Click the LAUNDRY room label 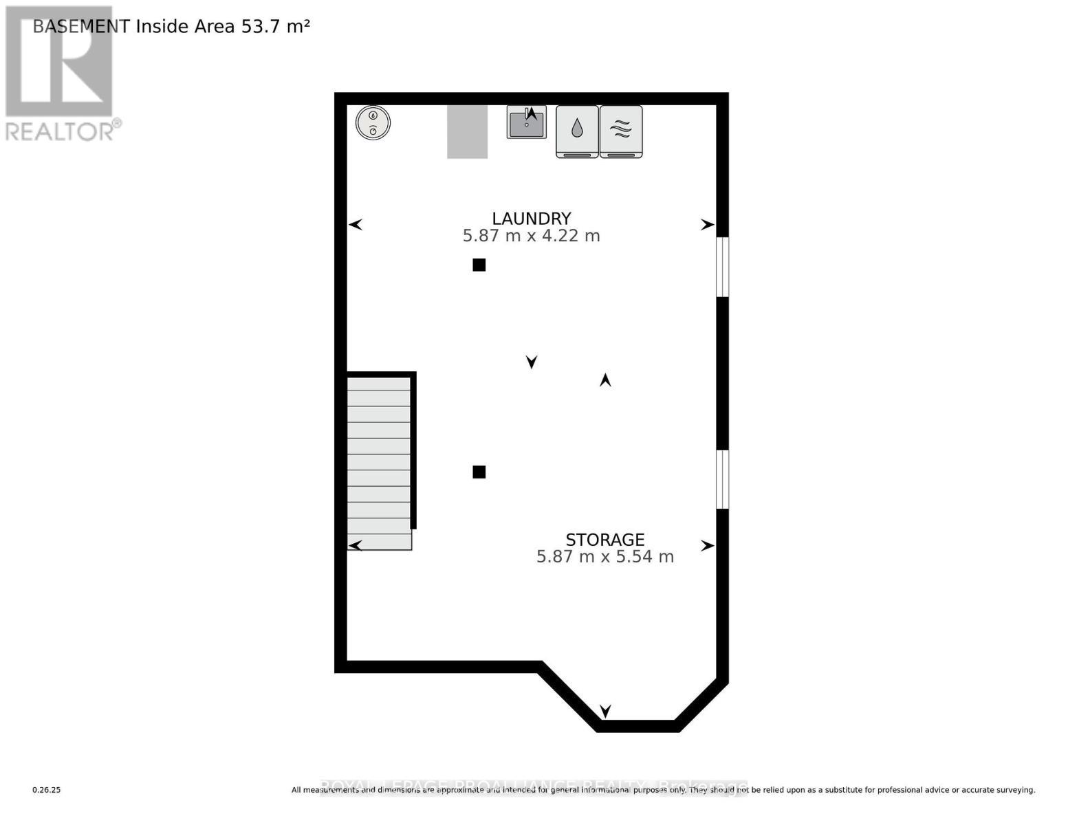[x=531, y=219]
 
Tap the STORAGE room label [x=604, y=540]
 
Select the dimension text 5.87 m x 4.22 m [x=531, y=236]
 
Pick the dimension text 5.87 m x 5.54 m [x=604, y=556]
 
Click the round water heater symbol [x=373, y=123]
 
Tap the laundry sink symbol [x=526, y=122]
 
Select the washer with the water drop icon [x=577, y=131]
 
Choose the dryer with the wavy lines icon [x=621, y=131]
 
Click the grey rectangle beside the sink [x=468, y=131]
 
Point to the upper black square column [x=479, y=265]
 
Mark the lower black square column [x=479, y=472]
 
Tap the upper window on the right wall [x=722, y=267]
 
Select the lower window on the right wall [x=722, y=479]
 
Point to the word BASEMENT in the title [x=81, y=26]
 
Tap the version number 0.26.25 [x=47, y=790]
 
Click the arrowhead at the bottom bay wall [x=605, y=711]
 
